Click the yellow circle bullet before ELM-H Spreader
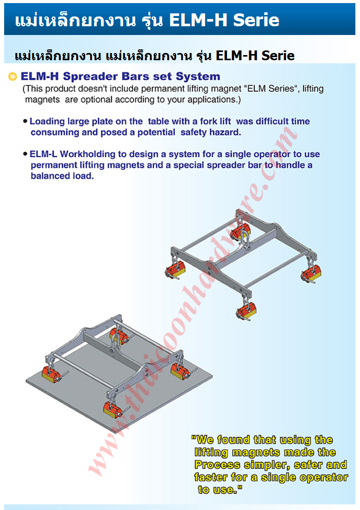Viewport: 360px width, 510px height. (x=12, y=77)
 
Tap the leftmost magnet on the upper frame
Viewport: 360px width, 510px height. (x=176, y=270)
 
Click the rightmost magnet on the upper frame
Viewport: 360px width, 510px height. (x=311, y=273)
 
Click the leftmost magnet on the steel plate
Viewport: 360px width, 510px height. (x=52, y=374)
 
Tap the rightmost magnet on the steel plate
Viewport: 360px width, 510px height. (x=181, y=371)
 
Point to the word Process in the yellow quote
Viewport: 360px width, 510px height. (x=217, y=465)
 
